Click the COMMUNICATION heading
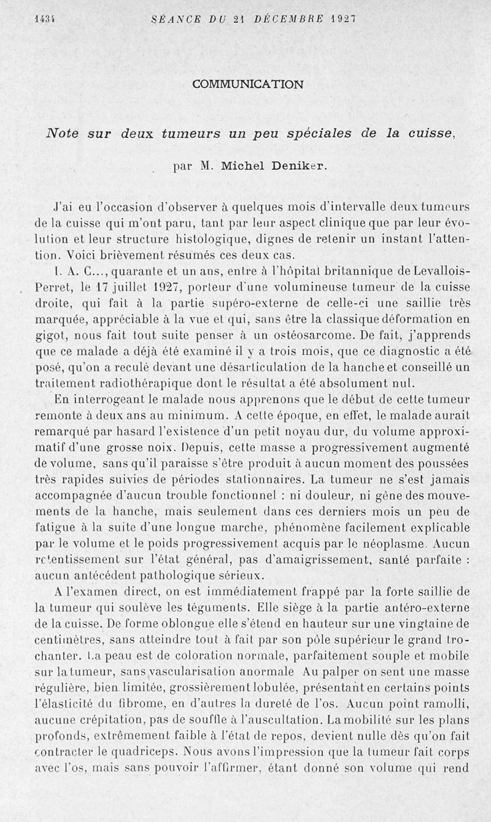(247, 84)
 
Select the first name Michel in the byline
(241, 166)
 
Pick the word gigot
(51, 335)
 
